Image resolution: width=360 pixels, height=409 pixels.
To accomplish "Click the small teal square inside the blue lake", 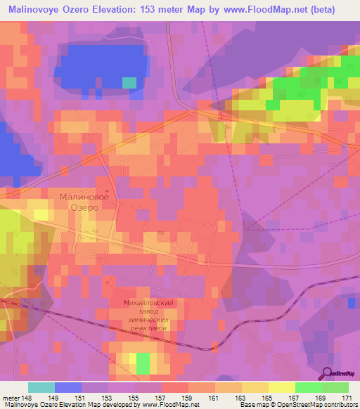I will (x=129, y=82).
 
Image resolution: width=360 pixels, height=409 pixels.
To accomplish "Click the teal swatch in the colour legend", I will (x=41, y=387).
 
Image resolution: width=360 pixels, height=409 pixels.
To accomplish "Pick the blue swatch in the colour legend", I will (x=68, y=387).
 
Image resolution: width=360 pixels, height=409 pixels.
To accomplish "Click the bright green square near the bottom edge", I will (x=143, y=363).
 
